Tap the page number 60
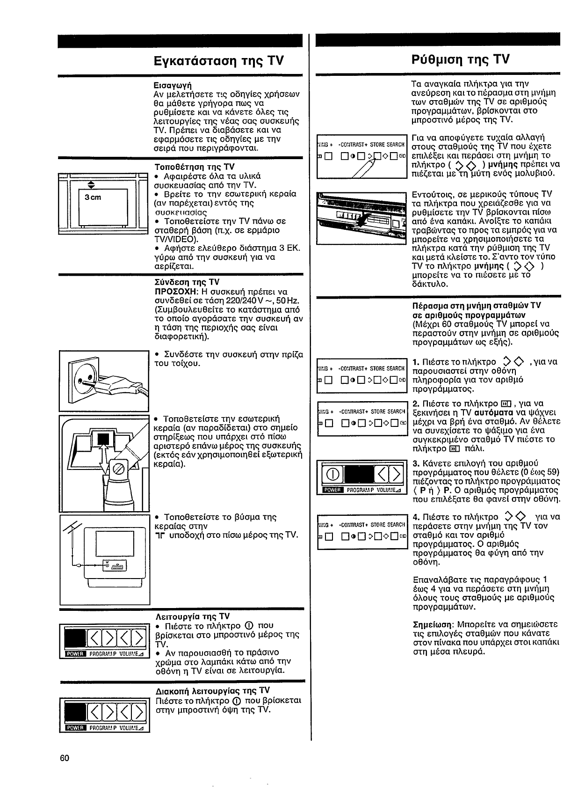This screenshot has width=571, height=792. tap(65, 758)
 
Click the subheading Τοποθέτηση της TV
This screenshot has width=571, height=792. tap(194, 167)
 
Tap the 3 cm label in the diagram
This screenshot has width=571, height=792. tap(93, 197)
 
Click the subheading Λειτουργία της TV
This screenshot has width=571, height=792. tap(192, 616)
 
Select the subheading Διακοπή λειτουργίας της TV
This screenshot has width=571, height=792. tap(212, 691)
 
